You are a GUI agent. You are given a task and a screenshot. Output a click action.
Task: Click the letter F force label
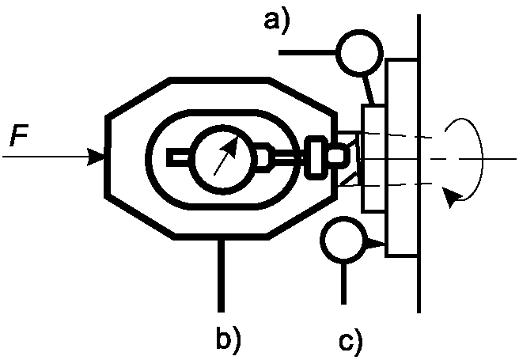(x=20, y=135)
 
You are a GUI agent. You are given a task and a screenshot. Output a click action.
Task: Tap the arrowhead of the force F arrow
(x=96, y=157)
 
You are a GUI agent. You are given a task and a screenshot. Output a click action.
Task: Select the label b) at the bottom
(x=229, y=338)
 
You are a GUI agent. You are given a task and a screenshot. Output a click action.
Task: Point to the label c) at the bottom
(x=350, y=342)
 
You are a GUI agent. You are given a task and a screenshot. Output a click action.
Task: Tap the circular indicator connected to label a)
(x=360, y=53)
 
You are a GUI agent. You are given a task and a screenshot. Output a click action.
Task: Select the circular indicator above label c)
(x=344, y=240)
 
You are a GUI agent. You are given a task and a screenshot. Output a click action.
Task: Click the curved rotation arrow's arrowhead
(x=451, y=196)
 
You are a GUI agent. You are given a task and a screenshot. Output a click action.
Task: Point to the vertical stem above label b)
(x=221, y=275)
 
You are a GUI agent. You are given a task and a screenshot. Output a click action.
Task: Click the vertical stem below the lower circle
(x=343, y=283)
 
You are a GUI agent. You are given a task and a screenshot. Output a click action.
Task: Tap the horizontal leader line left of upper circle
(x=308, y=52)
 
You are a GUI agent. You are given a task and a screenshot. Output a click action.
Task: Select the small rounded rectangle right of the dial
(x=315, y=157)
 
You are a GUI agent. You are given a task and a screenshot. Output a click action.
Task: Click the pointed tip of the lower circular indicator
(x=383, y=244)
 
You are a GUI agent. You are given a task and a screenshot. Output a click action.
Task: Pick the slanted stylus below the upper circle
(x=369, y=90)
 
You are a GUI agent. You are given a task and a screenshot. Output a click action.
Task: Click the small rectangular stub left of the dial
(x=178, y=157)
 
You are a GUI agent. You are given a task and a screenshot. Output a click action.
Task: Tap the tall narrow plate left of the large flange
(x=373, y=157)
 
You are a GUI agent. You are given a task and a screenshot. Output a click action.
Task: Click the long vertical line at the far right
(x=419, y=164)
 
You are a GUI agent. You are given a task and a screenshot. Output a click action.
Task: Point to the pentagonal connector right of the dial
(x=265, y=157)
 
